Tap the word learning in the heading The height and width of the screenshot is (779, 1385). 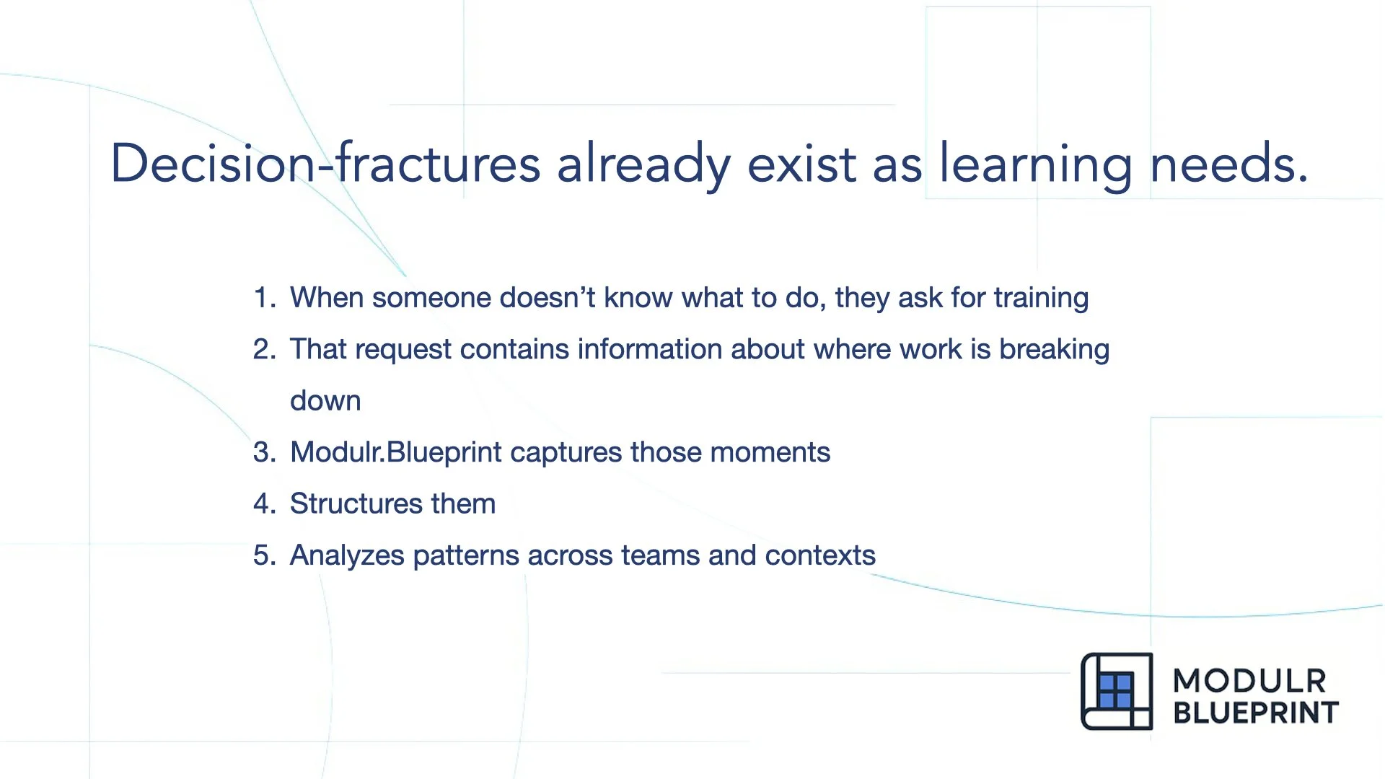click(1035, 164)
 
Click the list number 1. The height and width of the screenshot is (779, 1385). click(263, 298)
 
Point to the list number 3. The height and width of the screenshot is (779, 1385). click(263, 452)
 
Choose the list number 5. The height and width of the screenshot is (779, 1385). click(263, 555)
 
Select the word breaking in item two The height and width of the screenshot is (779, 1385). click(1054, 349)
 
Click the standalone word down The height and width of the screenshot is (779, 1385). click(325, 401)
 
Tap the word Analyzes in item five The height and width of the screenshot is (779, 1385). click(347, 555)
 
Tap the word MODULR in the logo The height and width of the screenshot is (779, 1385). click(1249, 681)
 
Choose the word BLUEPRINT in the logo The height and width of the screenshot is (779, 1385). click(1255, 713)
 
